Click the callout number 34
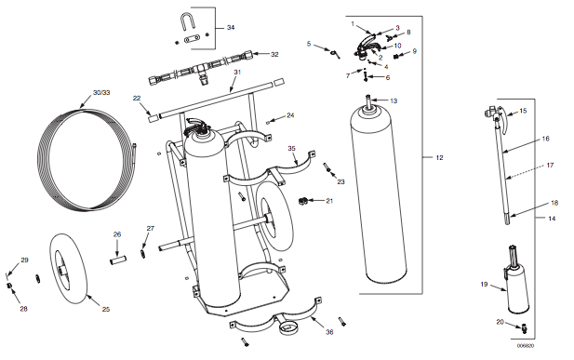[x=231, y=28]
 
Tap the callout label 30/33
[x=101, y=93]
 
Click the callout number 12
[x=439, y=157]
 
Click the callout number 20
[x=501, y=322]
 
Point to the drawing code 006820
[x=526, y=346]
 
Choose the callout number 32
[x=274, y=54]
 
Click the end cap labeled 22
[x=154, y=118]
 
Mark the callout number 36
[x=329, y=332]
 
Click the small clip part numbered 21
[x=302, y=201]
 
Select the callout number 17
[x=550, y=166]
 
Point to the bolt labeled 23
[x=327, y=167]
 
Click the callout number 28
[x=23, y=309]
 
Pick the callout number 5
[x=309, y=44]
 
